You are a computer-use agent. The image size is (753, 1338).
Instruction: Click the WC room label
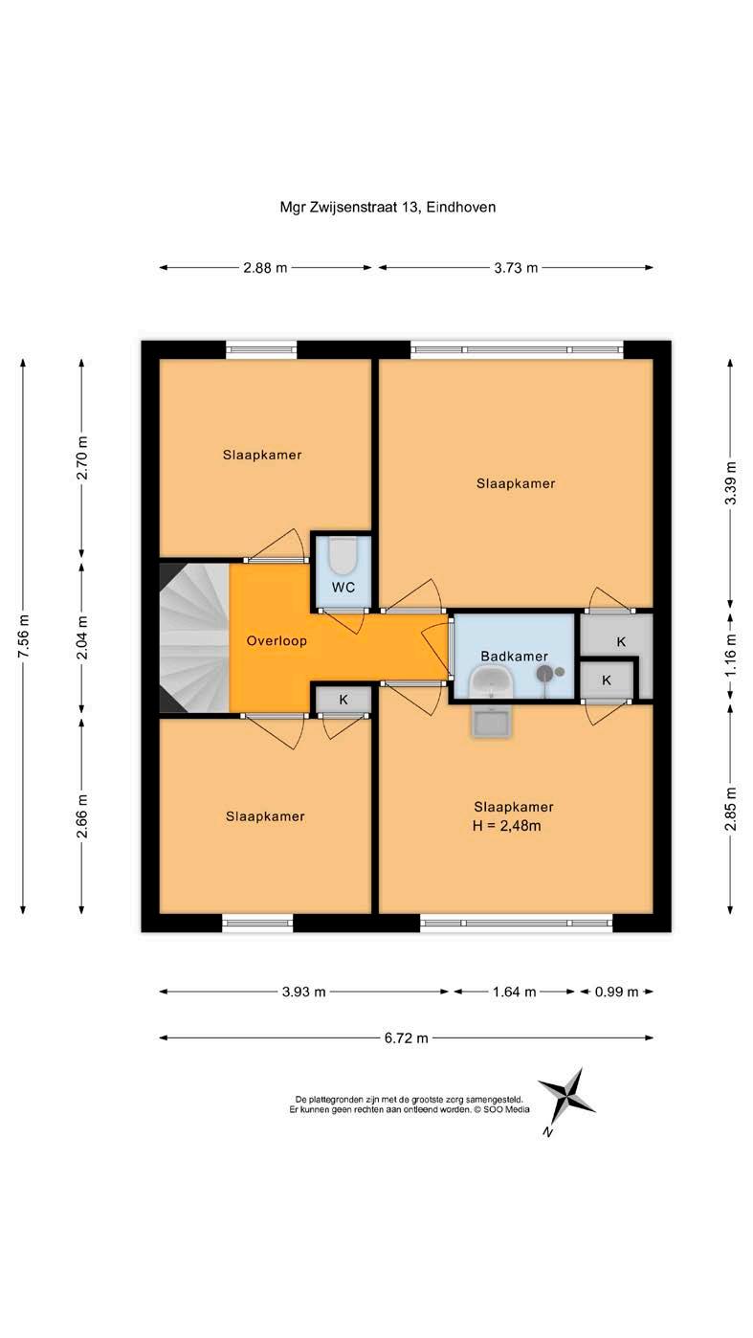click(343, 587)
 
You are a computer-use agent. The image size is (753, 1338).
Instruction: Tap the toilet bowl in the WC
click(343, 555)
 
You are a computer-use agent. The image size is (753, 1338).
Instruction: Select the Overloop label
click(277, 641)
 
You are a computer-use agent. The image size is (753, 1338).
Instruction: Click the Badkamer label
click(514, 657)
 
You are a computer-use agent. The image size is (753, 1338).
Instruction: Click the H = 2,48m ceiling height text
click(506, 826)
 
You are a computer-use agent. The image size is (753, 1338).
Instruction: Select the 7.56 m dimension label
click(23, 636)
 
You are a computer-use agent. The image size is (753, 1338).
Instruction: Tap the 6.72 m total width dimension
click(406, 1038)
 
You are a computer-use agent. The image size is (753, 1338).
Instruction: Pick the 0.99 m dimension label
click(616, 992)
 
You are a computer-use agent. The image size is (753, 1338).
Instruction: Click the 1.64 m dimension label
click(514, 992)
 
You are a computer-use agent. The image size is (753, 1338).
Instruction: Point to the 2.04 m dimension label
click(82, 637)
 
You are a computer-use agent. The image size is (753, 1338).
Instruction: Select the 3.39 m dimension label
click(730, 482)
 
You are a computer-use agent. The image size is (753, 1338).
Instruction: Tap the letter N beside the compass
click(547, 1132)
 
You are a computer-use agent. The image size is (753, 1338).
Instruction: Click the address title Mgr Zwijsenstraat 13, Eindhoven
click(388, 208)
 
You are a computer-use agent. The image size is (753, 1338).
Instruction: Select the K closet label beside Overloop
click(343, 700)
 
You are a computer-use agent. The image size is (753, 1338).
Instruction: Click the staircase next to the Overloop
click(194, 638)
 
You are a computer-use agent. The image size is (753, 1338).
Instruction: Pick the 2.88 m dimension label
click(265, 268)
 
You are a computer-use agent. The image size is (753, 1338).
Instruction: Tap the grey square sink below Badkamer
click(492, 723)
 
